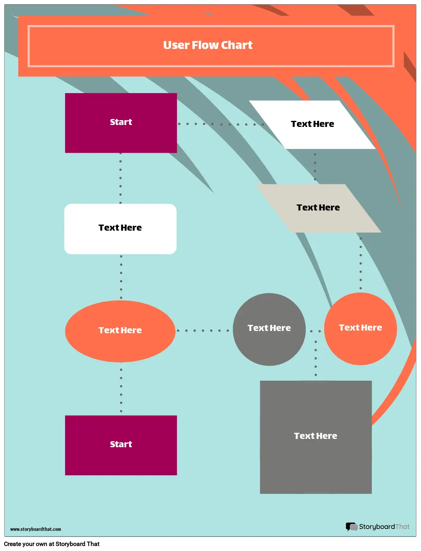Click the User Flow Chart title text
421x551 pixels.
click(x=208, y=45)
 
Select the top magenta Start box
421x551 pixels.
click(x=121, y=123)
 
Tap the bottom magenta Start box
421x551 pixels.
click(x=121, y=445)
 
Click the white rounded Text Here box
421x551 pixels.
click(x=120, y=229)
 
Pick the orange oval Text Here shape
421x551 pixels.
click(x=120, y=331)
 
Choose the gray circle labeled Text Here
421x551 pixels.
click(x=269, y=329)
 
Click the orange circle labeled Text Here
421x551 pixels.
click(x=361, y=329)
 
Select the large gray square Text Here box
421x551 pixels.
click(x=316, y=437)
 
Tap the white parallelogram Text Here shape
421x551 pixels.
click(x=313, y=125)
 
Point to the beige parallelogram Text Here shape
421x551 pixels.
click(x=318, y=208)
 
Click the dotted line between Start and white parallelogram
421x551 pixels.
click(x=221, y=124)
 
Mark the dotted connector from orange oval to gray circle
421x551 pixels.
click(x=203, y=331)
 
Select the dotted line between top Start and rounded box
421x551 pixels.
click(x=121, y=178)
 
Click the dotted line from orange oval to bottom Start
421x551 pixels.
click(x=121, y=390)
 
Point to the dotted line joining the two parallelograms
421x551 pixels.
click(x=315, y=166)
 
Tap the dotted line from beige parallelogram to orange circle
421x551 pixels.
click(x=361, y=263)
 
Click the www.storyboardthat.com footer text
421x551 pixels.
click(x=35, y=529)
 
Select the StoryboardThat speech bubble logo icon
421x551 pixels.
click(x=351, y=527)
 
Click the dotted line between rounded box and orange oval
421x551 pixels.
click(x=121, y=277)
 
